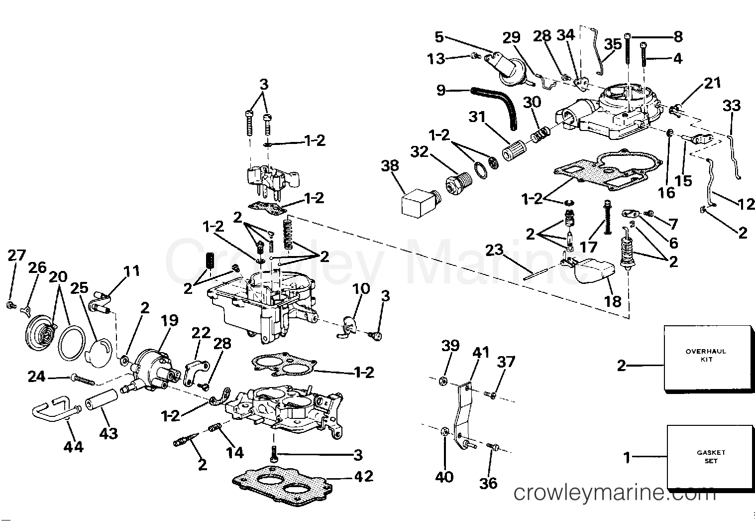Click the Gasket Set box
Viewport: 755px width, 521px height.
point(710,456)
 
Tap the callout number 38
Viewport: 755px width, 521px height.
point(390,165)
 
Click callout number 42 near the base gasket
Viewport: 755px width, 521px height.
point(363,476)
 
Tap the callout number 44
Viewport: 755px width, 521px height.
point(73,447)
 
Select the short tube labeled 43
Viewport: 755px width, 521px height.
point(102,401)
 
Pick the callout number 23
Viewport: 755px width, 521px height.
point(494,250)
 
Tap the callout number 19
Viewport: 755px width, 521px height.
point(169,320)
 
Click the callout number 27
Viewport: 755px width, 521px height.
point(16,256)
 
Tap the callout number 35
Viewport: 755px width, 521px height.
point(613,44)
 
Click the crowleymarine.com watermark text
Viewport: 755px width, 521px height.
point(613,493)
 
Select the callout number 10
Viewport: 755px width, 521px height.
point(361,289)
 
